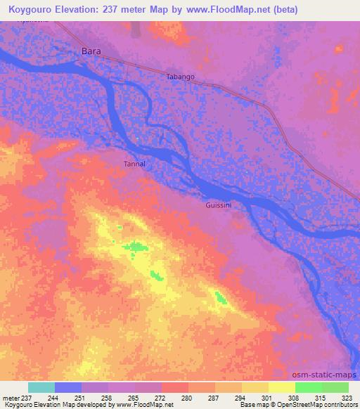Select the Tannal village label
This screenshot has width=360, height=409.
134,164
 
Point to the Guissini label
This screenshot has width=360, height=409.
219,205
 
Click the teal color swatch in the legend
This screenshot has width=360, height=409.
41,387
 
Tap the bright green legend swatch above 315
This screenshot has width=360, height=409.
308,387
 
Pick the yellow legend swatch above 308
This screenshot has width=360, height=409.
281,387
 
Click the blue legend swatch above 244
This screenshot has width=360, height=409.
67,387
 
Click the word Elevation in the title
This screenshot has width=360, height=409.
94,10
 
